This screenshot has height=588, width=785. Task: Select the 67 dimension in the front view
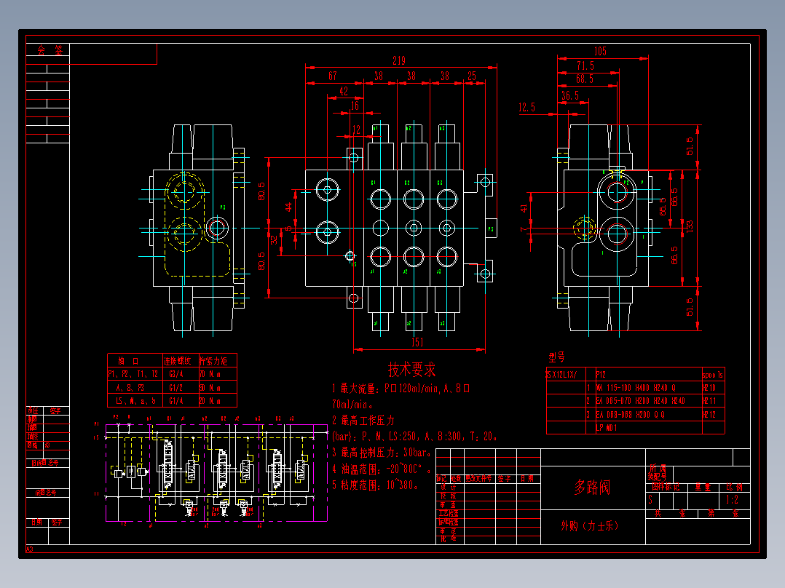[332, 76]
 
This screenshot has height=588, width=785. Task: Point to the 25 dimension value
[472, 76]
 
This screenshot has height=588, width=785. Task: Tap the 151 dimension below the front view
[418, 342]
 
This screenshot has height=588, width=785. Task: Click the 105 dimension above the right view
[600, 51]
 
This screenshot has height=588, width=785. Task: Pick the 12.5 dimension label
[526, 108]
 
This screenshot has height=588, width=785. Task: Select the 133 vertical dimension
[690, 226]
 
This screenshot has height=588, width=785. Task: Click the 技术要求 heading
[411, 370]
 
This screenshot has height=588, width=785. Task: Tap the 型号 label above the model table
[556, 357]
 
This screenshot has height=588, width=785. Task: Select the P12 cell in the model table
[601, 375]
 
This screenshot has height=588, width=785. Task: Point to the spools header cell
[713, 375]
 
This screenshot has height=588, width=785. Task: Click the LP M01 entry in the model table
[607, 428]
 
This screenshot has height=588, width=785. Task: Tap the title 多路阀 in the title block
[592, 487]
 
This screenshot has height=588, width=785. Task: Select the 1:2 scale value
[732, 500]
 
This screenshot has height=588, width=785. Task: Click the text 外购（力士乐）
[589, 526]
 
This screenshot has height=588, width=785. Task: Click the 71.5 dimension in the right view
[585, 65]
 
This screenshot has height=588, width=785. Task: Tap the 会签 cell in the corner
[50, 51]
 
